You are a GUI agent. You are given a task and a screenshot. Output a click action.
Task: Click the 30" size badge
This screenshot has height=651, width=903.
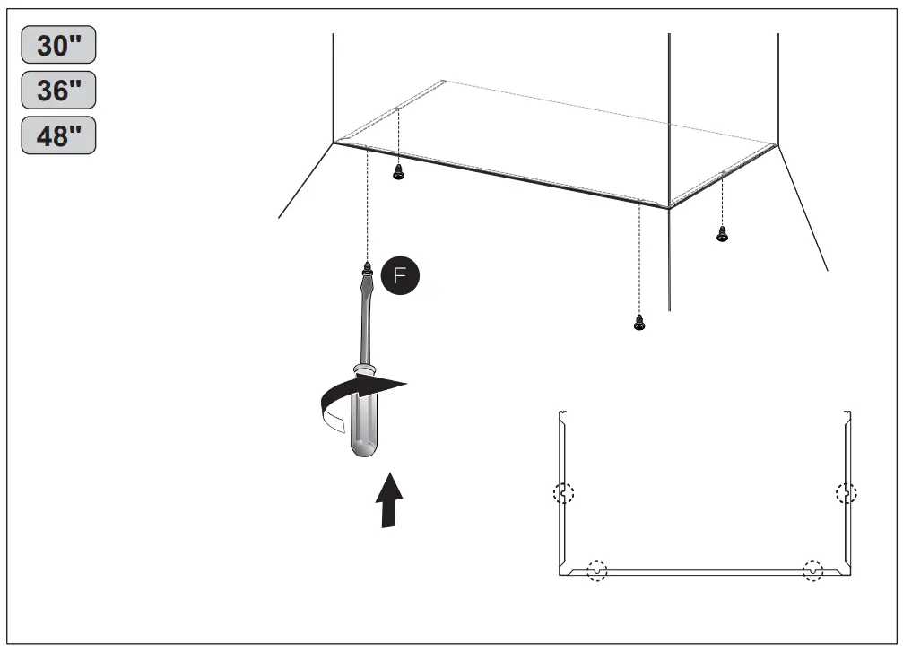click(58, 47)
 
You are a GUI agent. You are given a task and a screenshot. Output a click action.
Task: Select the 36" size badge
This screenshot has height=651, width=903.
click(58, 91)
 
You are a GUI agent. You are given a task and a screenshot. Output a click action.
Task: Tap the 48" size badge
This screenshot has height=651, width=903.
click(58, 135)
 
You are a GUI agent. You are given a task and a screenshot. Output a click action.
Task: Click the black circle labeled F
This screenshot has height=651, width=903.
click(401, 276)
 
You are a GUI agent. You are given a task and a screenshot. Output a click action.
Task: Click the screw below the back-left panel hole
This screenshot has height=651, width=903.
click(399, 173)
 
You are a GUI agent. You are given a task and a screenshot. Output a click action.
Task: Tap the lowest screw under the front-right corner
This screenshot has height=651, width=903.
click(638, 323)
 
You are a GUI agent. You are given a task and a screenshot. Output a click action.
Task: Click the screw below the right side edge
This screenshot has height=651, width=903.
click(722, 233)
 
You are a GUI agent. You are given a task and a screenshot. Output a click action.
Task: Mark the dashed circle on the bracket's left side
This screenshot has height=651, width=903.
click(563, 493)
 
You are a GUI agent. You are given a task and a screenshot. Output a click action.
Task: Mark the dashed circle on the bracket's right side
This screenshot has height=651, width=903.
click(846, 493)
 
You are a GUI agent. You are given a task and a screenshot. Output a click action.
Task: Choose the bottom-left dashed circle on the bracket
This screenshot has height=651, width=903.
click(596, 570)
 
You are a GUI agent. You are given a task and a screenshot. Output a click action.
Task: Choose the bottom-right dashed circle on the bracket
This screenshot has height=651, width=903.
click(812, 570)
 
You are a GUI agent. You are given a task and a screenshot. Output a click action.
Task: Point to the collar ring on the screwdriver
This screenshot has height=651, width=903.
click(363, 369)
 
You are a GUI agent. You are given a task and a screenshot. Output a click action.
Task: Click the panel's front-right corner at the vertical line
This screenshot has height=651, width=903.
click(669, 207)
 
